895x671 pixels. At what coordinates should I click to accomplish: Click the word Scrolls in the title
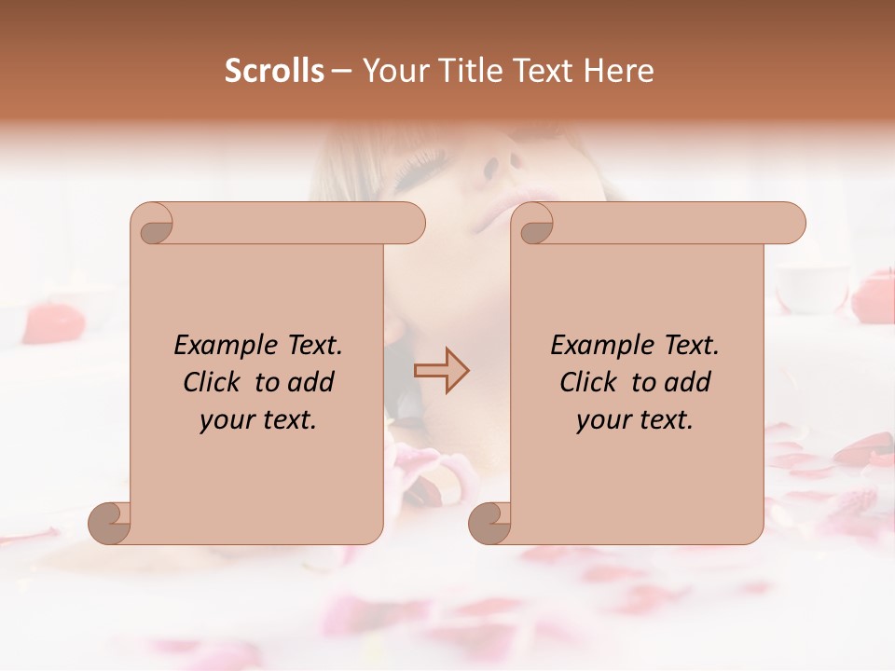tap(275, 71)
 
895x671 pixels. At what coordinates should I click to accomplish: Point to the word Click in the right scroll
tap(590, 382)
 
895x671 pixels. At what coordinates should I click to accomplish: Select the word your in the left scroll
tap(227, 419)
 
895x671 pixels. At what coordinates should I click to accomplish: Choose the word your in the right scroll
tap(603, 419)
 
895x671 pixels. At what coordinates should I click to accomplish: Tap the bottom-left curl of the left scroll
tap(109, 524)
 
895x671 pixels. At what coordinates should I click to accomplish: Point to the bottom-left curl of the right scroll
tap(489, 524)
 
